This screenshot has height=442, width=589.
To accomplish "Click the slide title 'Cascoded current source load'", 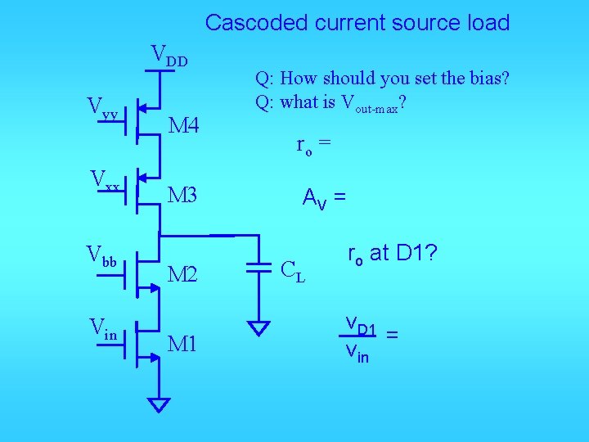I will pos(357,22).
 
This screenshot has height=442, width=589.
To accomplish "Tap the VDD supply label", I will pos(169,56).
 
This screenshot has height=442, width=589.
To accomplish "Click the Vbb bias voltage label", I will pos(104,255).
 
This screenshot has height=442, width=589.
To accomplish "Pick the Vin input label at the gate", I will pos(103,331).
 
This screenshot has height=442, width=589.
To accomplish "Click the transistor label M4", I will pos(183,125).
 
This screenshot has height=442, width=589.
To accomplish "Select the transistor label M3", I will pos(182,195).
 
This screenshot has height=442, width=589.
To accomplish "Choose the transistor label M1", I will pos(182,344).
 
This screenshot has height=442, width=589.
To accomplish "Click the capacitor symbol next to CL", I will pos(259,268).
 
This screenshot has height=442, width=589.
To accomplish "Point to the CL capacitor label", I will pos(293,270).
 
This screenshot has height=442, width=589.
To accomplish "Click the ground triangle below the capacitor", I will pos(259,328).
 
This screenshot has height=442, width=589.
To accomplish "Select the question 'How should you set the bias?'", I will pos(382,79).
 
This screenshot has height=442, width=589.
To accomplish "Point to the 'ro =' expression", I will pos(313,147).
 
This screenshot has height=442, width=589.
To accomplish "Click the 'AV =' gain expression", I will pos(324,197).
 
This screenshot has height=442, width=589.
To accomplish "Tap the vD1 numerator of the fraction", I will pos(360,327).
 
